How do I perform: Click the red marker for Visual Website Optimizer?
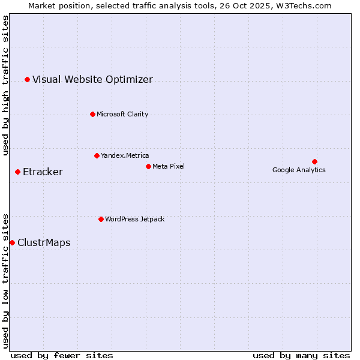[x=27, y=79]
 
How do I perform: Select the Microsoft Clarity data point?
[x=92, y=114]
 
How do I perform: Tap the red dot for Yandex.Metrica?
[x=97, y=155]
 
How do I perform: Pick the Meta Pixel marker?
[x=148, y=166]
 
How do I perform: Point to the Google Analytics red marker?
[x=314, y=161]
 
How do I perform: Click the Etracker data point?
[x=17, y=172]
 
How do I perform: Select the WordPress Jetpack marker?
[x=101, y=219]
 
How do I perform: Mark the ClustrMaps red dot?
[x=12, y=242]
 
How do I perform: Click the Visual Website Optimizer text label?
[x=92, y=80]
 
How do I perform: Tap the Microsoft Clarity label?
[x=122, y=114]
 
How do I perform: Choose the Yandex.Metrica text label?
[x=125, y=155]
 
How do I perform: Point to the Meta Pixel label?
[x=169, y=166]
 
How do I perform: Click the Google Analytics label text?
[x=299, y=170]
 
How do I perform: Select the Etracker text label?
[x=43, y=172]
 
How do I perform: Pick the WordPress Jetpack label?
[x=134, y=219]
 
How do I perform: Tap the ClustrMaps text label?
[x=44, y=243]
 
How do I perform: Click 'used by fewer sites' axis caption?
[x=61, y=356]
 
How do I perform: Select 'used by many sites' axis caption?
[x=301, y=356]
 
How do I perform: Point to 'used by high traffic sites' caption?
[x=6, y=85]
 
